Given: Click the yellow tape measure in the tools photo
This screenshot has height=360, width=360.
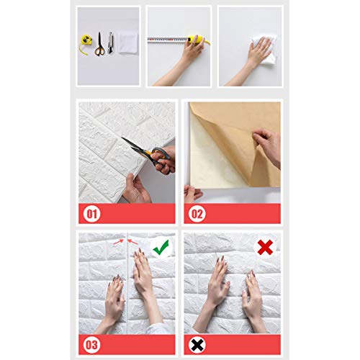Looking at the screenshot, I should click(x=85, y=45).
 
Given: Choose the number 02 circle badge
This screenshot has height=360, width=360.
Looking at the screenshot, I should click(x=195, y=214).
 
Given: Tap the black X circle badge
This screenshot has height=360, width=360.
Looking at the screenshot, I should click(x=195, y=344).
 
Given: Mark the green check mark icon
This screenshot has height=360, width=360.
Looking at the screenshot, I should click(x=163, y=248).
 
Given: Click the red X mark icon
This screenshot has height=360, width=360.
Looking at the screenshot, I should click(x=266, y=248).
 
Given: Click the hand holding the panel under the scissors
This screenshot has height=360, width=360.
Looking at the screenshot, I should click(x=135, y=189).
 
